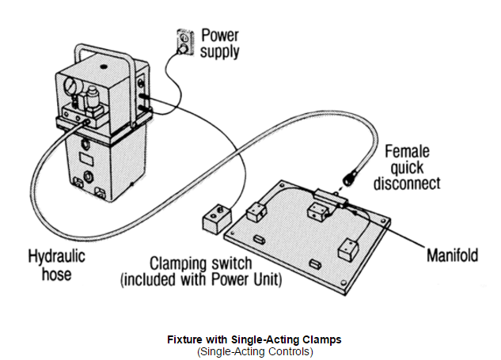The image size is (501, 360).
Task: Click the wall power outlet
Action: (x=185, y=43)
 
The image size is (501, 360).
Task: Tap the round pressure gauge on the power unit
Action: (x=70, y=85)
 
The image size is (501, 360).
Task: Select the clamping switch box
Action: (x=217, y=218)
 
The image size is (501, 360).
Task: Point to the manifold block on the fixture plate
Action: (x=331, y=198)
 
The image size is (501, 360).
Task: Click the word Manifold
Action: (x=452, y=256)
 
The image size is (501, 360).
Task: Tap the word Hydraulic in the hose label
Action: (x=56, y=256)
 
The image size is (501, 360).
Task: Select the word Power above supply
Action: (x=220, y=35)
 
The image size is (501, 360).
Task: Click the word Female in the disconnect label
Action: (x=407, y=151)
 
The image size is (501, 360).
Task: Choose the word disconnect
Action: (x=407, y=184)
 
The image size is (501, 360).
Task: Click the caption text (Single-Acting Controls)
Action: (x=255, y=351)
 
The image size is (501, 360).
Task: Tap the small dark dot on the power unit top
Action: (x=103, y=66)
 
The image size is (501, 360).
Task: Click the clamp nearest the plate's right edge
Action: (x=348, y=250)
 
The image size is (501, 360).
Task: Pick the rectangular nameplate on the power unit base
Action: (x=86, y=159)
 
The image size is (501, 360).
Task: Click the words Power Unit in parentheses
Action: (x=245, y=279)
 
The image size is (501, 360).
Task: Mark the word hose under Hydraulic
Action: (x=56, y=275)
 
